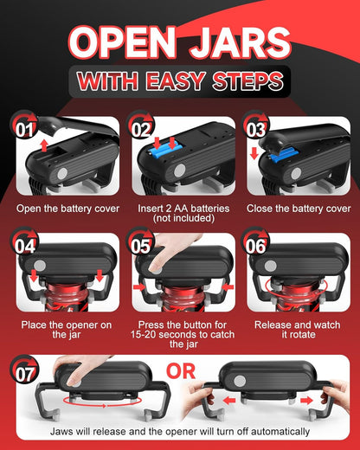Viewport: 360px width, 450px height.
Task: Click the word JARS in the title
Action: [x=240, y=42]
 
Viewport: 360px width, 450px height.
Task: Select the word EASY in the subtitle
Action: [x=176, y=80]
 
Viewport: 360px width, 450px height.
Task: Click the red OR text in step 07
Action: [x=181, y=371]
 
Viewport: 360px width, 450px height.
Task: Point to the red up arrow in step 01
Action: [x=44, y=145]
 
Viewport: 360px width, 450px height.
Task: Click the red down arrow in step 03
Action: [x=254, y=153]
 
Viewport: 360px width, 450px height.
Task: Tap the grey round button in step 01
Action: [x=62, y=174]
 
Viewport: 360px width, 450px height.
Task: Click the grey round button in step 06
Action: [x=270, y=266]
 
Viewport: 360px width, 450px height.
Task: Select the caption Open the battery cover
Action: [x=67, y=209]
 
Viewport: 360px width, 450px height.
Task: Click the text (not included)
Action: [x=183, y=218]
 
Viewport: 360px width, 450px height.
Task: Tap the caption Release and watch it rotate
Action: [x=298, y=330]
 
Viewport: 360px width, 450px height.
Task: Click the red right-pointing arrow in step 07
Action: [x=306, y=401]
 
